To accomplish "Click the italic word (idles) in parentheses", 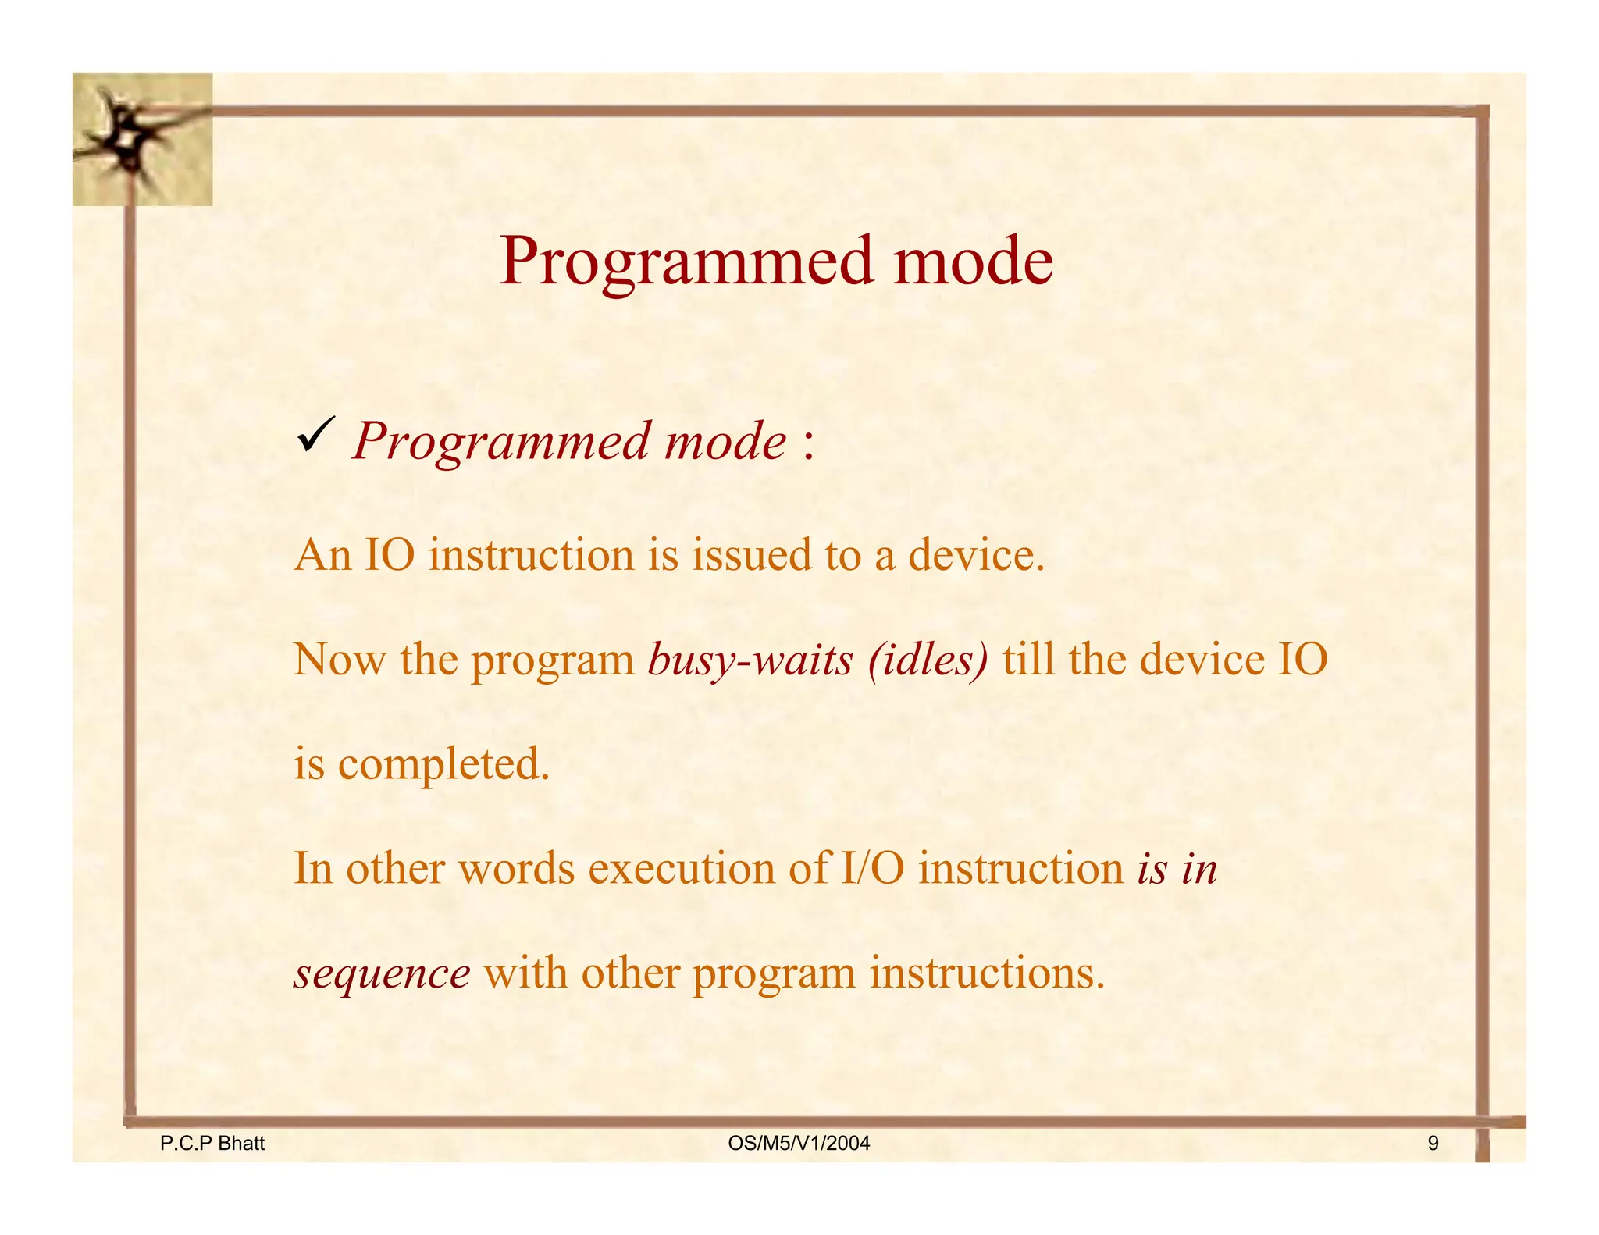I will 928,660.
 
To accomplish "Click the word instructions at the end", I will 987,973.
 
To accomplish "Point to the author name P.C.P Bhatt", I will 212,1144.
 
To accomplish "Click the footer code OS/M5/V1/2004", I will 798,1144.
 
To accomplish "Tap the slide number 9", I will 1433,1144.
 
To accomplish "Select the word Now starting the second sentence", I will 339,660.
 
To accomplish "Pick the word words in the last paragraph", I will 516,868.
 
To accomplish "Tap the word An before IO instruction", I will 322,555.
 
